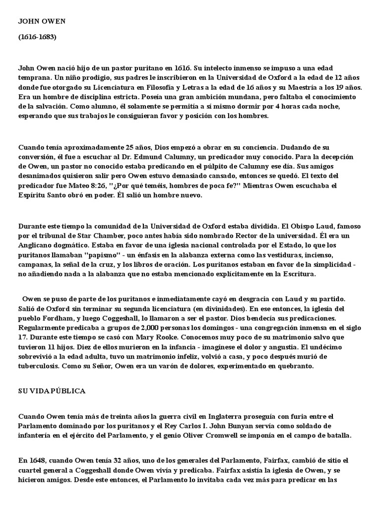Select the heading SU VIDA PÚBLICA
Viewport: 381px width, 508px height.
point(52,391)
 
